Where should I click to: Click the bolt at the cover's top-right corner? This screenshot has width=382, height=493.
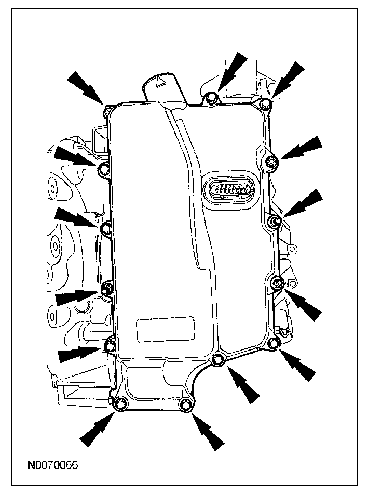click(x=265, y=105)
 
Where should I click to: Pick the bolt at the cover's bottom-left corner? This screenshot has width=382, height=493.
click(x=121, y=405)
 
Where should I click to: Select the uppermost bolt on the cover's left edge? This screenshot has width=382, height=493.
click(x=103, y=169)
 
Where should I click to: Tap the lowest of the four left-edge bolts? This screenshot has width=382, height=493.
click(x=111, y=345)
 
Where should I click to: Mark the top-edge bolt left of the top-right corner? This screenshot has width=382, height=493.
click(x=211, y=98)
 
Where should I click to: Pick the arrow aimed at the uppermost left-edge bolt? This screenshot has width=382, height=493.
click(x=73, y=157)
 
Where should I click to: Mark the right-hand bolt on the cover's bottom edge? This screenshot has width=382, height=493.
click(x=184, y=405)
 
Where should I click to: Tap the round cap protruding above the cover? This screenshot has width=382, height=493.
click(x=160, y=86)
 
